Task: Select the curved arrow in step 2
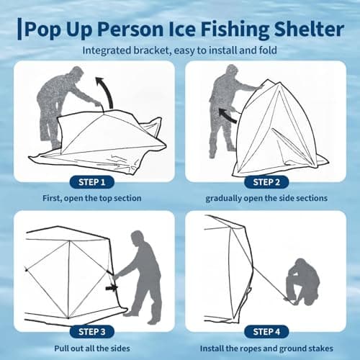pos(228,114)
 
